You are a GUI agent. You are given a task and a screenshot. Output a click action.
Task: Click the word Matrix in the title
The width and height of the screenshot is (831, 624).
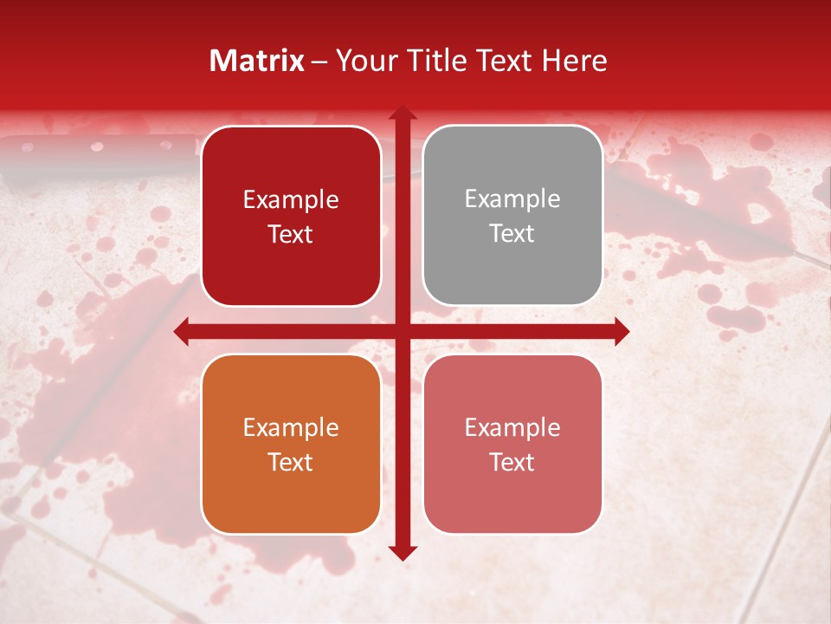257,61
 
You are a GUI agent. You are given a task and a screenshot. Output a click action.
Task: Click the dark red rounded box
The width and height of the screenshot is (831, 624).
291,216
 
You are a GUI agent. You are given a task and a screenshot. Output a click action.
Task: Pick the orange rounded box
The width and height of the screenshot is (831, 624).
291,444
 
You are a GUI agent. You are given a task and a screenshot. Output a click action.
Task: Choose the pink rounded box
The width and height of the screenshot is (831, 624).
512,444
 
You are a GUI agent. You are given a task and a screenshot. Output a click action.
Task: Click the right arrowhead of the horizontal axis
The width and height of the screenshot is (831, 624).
621,331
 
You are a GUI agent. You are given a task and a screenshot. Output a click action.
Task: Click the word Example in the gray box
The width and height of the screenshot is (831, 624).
512,198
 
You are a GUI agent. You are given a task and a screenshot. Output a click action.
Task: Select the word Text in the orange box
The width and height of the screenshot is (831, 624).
291,462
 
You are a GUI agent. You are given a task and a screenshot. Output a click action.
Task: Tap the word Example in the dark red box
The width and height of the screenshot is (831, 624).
291,199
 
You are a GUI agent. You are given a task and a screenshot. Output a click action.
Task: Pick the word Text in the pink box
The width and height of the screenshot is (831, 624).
512,462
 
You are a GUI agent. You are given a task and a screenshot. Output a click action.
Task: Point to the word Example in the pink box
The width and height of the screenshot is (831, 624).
512,427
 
